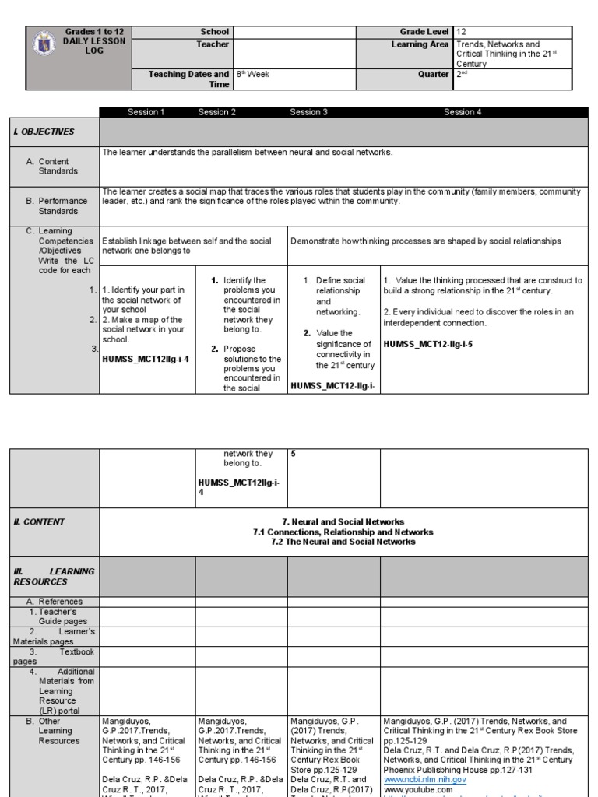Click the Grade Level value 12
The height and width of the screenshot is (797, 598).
click(x=461, y=32)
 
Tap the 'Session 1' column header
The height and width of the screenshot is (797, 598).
click(x=146, y=112)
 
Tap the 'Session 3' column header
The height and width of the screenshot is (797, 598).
click(x=308, y=112)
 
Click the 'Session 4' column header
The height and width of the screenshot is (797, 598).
click(x=463, y=112)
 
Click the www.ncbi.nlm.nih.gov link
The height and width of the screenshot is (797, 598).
click(x=424, y=779)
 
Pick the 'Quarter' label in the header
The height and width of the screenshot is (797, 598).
click(x=434, y=75)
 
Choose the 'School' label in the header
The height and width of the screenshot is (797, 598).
click(x=215, y=32)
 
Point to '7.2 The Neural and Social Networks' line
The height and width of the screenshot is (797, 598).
click(x=343, y=542)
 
